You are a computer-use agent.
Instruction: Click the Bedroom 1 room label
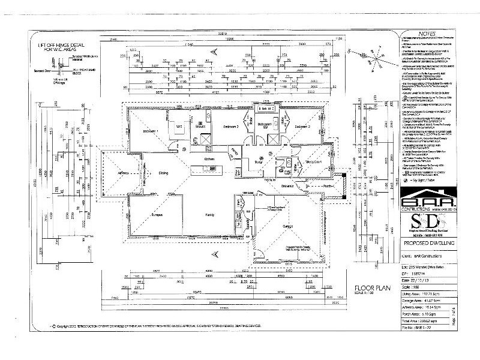[x=149, y=131]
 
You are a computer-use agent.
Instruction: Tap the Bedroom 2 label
[x=231, y=127]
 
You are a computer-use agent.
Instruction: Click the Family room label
[x=209, y=214]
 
